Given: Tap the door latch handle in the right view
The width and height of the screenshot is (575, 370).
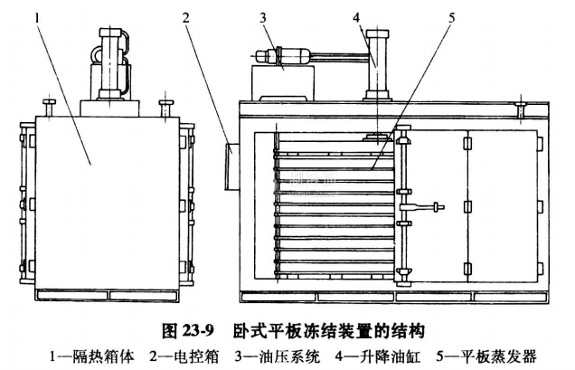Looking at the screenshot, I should [434, 206].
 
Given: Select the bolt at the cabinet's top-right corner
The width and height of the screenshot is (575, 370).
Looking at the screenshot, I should [523, 111].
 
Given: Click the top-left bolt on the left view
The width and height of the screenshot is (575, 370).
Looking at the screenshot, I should [50, 107].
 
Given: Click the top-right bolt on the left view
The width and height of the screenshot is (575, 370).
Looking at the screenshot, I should [166, 107].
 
